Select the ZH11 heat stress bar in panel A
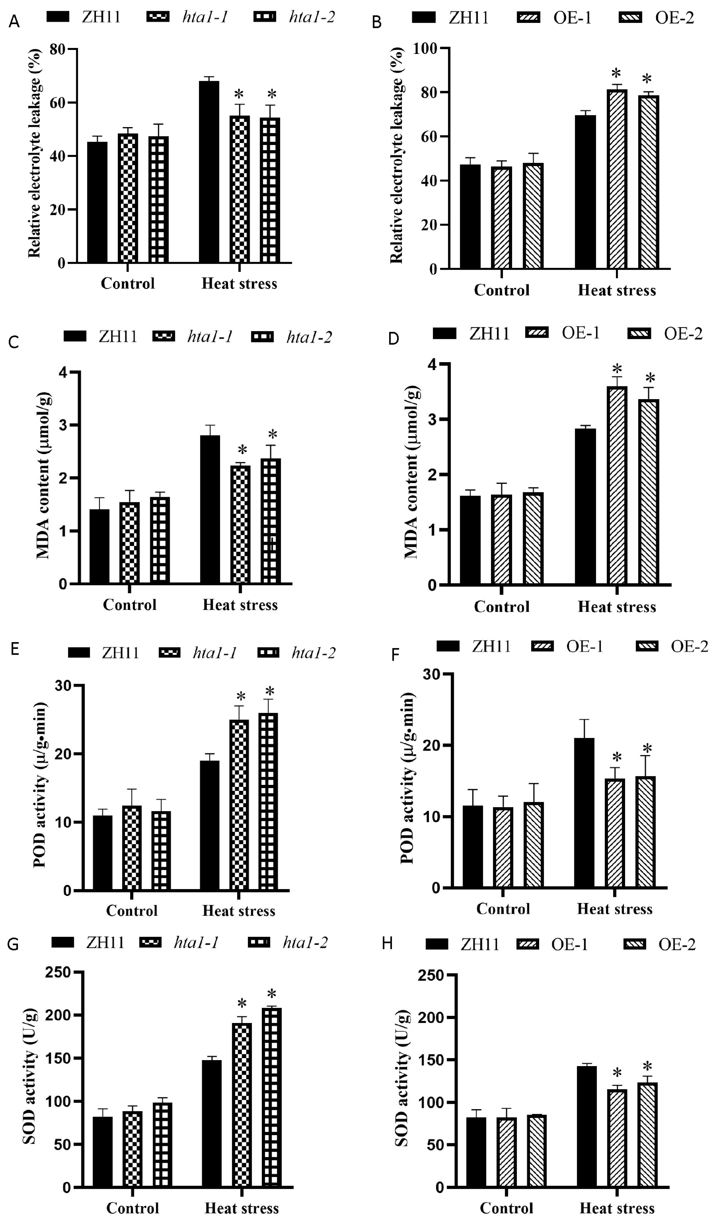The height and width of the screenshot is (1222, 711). point(209,172)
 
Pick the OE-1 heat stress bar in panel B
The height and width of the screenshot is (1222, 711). point(617,179)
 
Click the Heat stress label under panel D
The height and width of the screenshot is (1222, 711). point(617,607)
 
